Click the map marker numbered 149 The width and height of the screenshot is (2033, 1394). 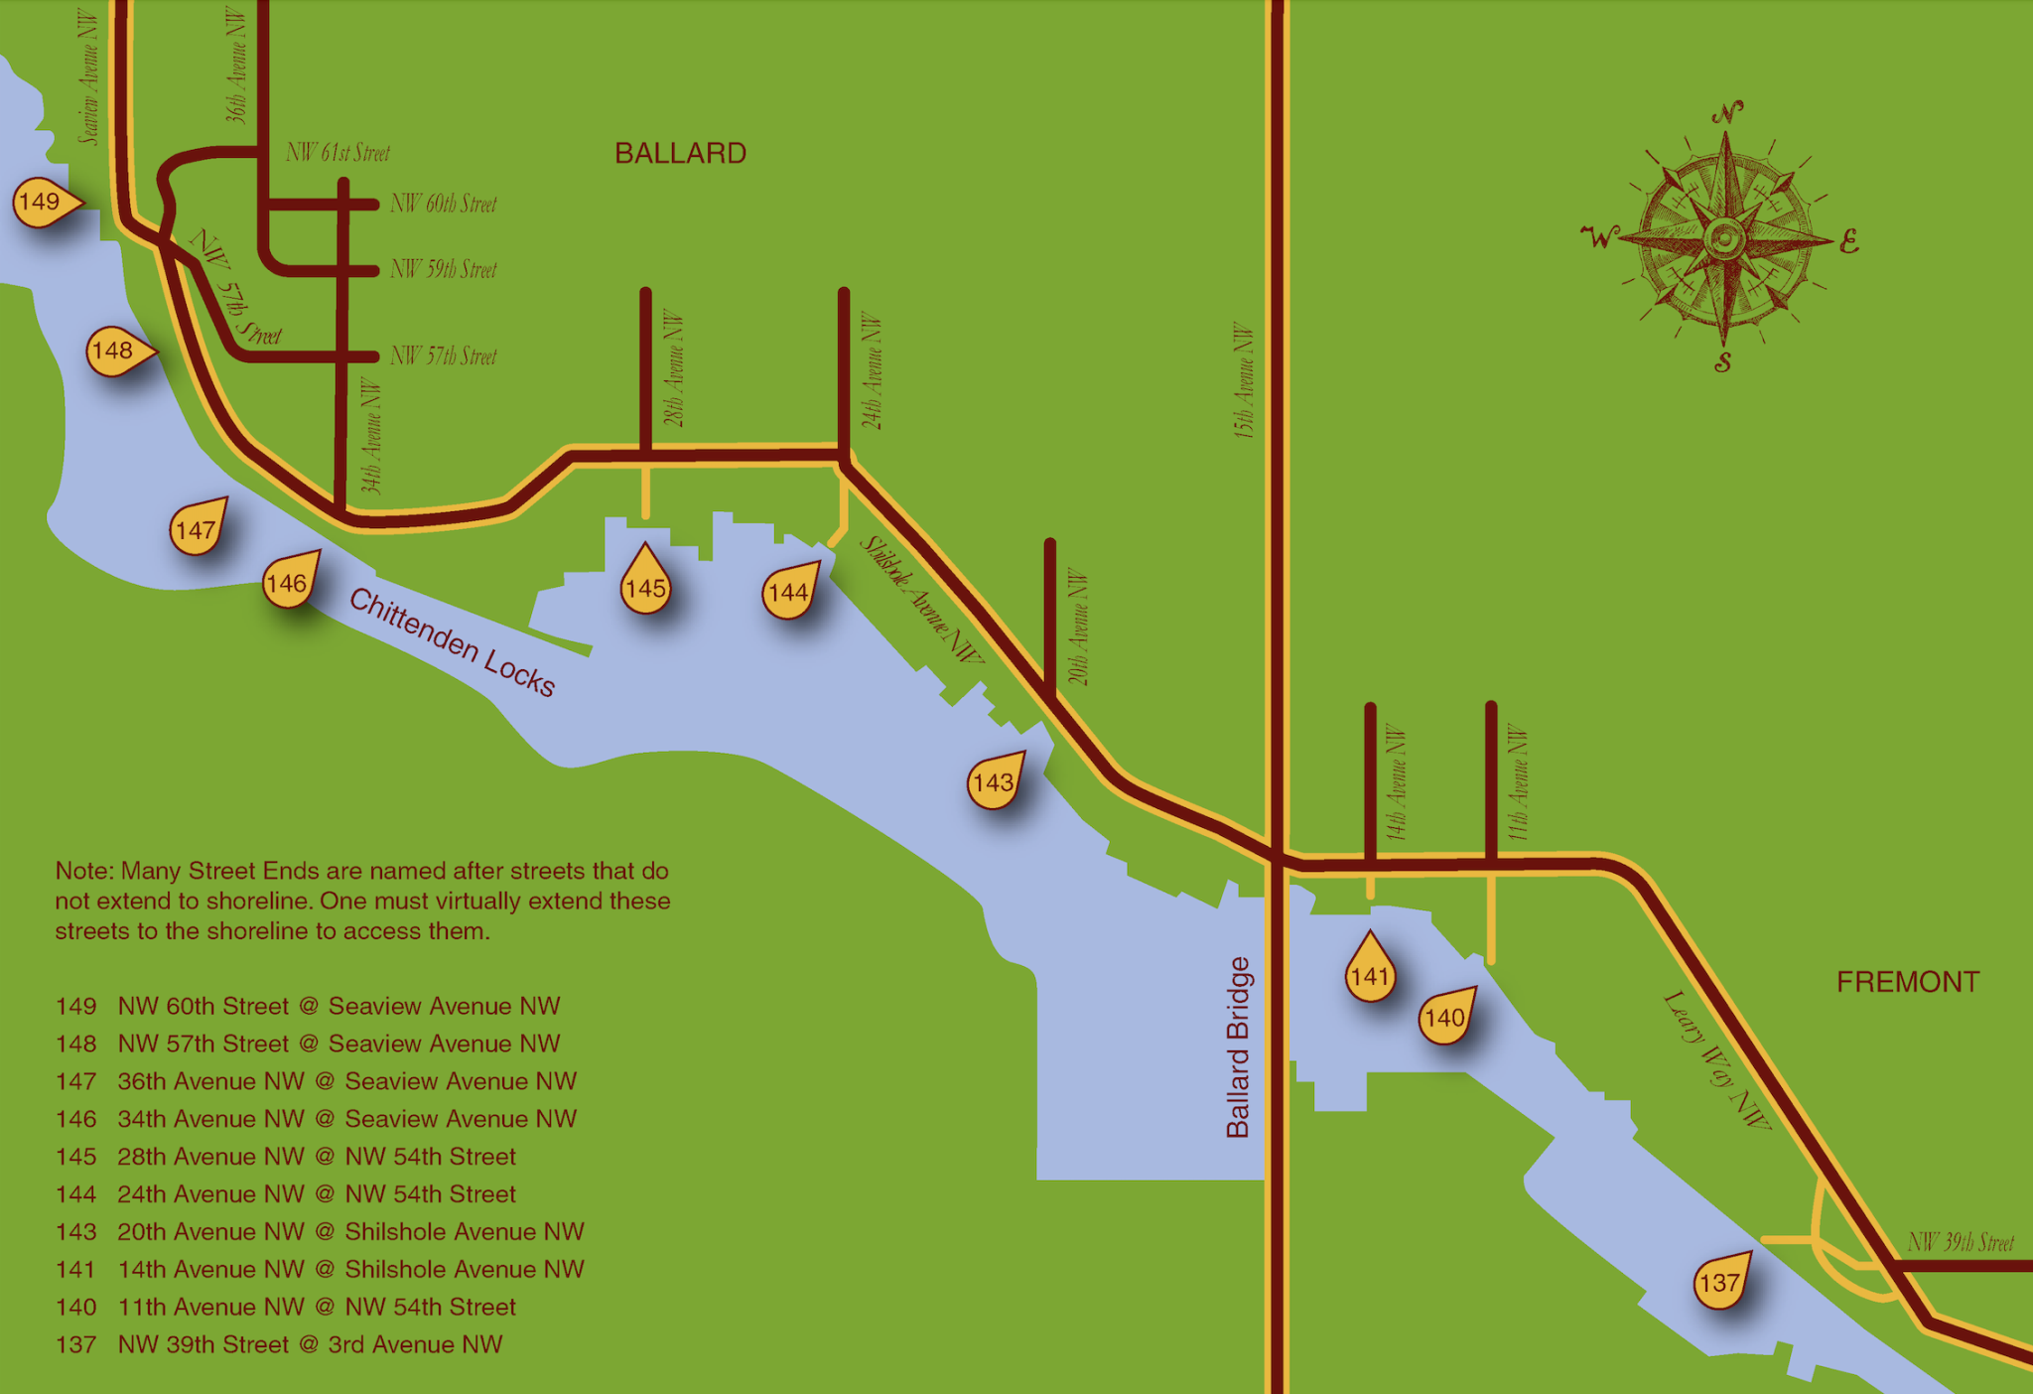40,203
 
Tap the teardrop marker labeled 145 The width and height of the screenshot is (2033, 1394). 645,586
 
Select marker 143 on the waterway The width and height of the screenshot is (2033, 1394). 994,782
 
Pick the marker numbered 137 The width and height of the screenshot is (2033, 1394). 1720,1282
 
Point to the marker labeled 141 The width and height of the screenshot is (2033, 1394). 1370,974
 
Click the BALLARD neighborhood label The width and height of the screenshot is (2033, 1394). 680,153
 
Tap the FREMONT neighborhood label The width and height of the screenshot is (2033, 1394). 1907,982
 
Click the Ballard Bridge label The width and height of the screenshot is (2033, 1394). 1238,1046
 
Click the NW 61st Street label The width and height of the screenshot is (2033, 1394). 338,153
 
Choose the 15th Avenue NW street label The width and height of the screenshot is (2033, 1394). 1244,380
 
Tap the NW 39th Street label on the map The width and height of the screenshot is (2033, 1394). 1961,1242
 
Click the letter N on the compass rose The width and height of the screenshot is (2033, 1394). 1728,112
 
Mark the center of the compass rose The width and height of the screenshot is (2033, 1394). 1724,239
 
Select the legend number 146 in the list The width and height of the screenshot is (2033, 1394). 76,1119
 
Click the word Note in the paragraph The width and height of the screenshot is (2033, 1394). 83,871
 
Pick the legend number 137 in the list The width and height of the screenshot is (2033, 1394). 76,1344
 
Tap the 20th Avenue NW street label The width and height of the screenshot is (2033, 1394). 1079,627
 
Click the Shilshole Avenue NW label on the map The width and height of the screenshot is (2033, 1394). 920,600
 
